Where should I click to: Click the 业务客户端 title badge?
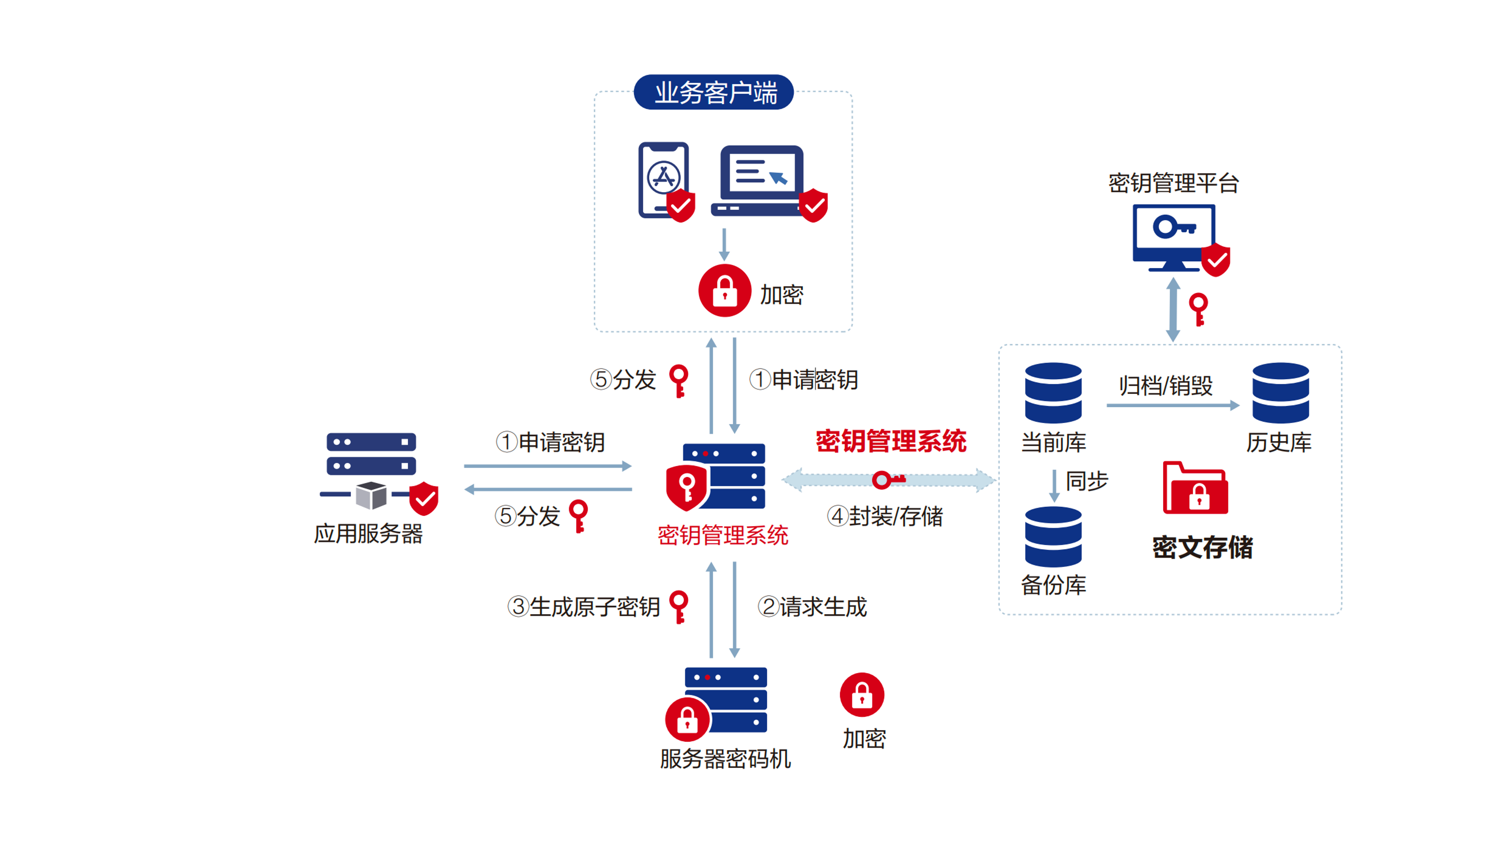pos(713,92)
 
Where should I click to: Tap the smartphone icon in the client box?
pos(664,179)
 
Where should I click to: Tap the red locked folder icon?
pos(1195,489)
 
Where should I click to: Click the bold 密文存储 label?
pos(1203,547)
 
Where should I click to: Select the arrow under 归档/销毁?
pos(1172,405)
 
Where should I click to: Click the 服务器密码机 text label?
pos(725,758)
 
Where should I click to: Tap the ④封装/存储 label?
pos(885,516)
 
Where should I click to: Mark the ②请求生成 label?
pos(812,607)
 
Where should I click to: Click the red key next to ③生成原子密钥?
pos(679,606)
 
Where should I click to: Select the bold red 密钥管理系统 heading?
pos(891,441)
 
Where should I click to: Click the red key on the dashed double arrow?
pos(888,480)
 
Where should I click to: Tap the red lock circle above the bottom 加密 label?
pos(862,695)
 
